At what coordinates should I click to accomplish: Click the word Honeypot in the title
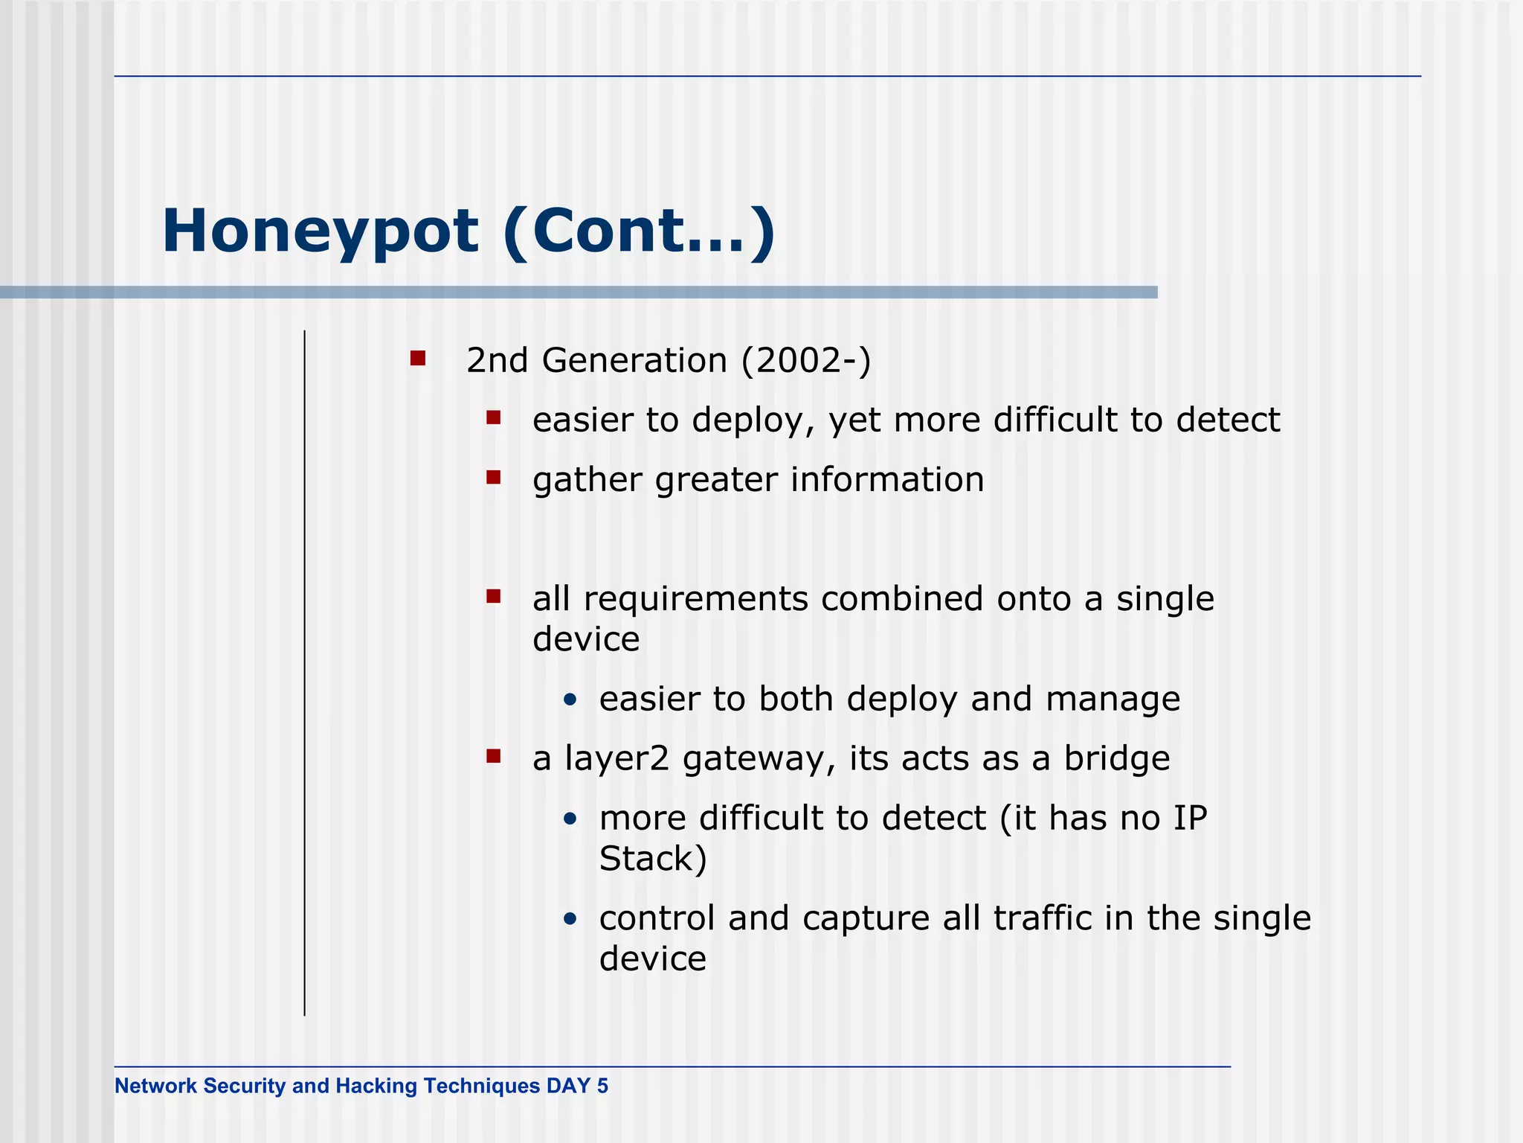pyautogui.click(x=320, y=232)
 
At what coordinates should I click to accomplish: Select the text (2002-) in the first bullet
pyautogui.click(x=805, y=361)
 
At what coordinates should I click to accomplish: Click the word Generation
pyautogui.click(x=634, y=361)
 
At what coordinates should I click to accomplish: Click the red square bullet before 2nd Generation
pyautogui.click(x=418, y=359)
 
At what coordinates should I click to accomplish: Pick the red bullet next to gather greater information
pyautogui.click(x=493, y=477)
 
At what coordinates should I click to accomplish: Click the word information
pyautogui.click(x=887, y=480)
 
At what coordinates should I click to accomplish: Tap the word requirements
pyautogui.click(x=695, y=599)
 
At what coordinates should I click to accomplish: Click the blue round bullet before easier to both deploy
pyautogui.click(x=570, y=699)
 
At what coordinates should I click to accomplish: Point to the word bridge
pyautogui.click(x=1117, y=759)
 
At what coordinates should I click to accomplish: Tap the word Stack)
pyautogui.click(x=653, y=859)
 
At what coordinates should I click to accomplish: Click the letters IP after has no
pyautogui.click(x=1190, y=819)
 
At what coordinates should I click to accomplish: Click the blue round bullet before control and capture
pyautogui.click(x=570, y=919)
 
